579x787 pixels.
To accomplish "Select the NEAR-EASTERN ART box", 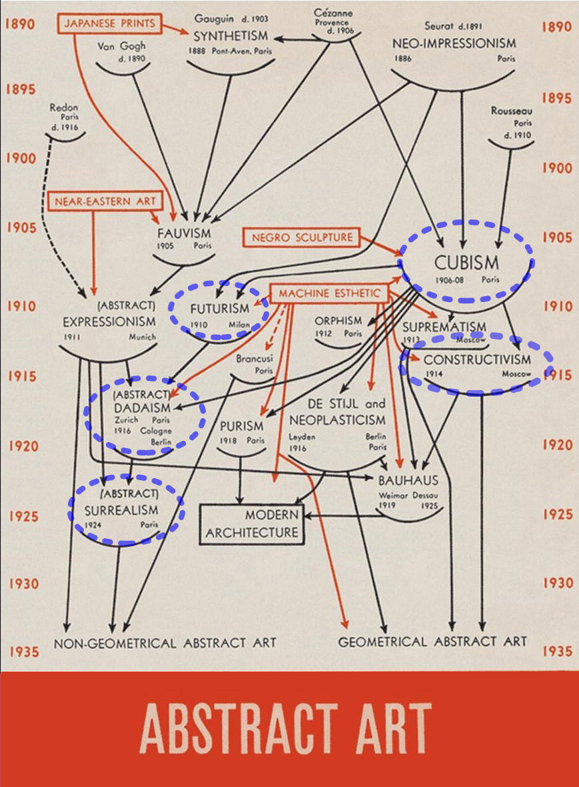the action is [104, 200].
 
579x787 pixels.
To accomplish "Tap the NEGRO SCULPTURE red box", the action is [302, 237].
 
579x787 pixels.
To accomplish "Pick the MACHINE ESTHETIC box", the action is [330, 293].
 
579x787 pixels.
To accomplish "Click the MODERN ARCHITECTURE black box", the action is [252, 524].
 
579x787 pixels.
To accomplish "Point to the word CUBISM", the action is [466, 261].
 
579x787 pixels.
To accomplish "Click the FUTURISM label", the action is [219, 309].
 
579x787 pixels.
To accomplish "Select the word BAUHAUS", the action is [408, 480].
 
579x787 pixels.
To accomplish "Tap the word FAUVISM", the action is [184, 233].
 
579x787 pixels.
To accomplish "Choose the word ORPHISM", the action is [339, 321].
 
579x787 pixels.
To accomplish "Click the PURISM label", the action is [242, 426].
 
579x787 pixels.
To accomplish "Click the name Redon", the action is [64, 107].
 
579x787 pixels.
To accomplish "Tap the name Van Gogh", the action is [121, 46].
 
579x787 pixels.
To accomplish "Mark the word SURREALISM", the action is [121, 510].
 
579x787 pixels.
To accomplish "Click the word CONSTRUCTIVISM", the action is [477, 360].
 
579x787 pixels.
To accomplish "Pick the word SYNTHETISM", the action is [231, 35].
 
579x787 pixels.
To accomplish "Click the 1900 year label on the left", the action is [21, 159].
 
